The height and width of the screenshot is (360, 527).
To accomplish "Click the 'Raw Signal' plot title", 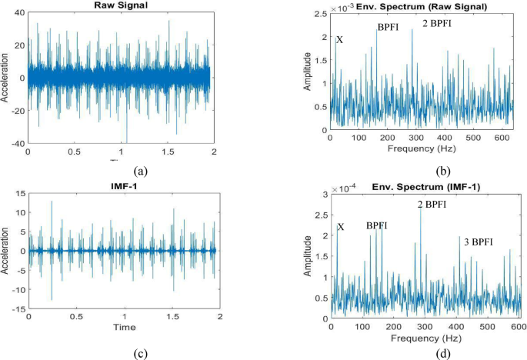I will [120, 6].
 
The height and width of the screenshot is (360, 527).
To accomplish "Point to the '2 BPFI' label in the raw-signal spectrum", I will [436, 23].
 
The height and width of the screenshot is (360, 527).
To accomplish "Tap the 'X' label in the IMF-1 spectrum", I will [341, 228].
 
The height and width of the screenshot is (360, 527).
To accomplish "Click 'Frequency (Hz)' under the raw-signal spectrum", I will [415, 148].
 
